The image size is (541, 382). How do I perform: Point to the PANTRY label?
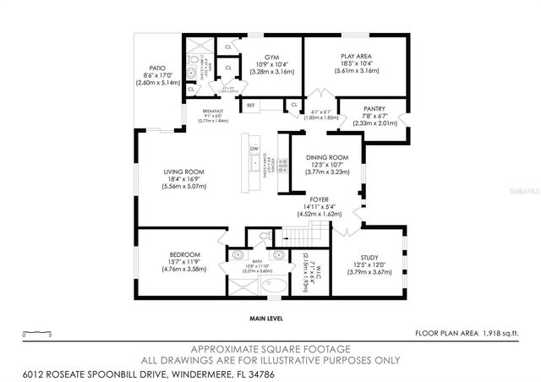click(x=374, y=108)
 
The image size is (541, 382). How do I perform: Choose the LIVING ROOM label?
click(x=183, y=172)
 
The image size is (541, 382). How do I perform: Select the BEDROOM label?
click(x=183, y=254)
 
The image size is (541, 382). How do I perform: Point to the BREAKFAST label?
click(x=214, y=111)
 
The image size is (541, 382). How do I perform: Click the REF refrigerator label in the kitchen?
click(x=250, y=106)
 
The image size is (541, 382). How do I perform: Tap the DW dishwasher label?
click(x=254, y=149)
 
